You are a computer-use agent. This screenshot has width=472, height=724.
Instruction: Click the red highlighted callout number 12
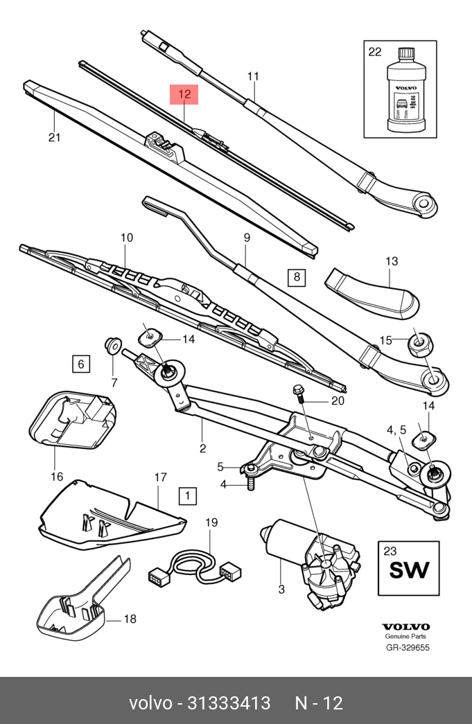pyautogui.click(x=184, y=94)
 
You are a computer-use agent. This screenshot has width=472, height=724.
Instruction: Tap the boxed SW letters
pyautogui.click(x=408, y=570)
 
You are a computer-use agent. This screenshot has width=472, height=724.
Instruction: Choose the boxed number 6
pyautogui.click(x=80, y=363)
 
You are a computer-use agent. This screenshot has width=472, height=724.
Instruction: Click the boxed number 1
pyautogui.click(x=187, y=495)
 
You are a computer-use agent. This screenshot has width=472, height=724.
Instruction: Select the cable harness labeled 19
pyautogui.click(x=198, y=565)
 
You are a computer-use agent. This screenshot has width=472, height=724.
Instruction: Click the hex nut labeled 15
pyautogui.click(x=419, y=342)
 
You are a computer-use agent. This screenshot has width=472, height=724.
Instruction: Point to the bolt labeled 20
pyautogui.click(x=300, y=393)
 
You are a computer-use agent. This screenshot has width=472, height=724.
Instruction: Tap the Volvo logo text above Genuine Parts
pyautogui.click(x=406, y=626)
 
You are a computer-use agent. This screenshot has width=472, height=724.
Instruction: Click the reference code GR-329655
pyautogui.click(x=408, y=648)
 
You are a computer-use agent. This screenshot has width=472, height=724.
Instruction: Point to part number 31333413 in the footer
pyautogui.click(x=229, y=703)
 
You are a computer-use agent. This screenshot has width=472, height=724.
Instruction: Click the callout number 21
pyautogui.click(x=55, y=137)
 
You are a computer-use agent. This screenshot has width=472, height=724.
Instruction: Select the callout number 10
pyautogui.click(x=126, y=238)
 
